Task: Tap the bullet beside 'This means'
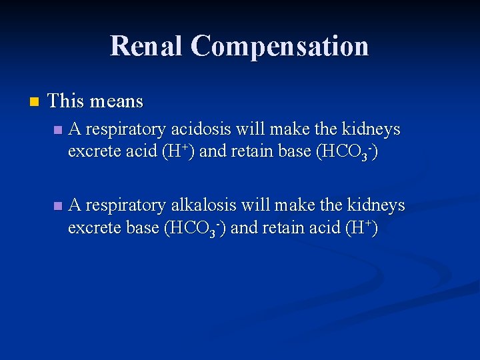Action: pyautogui.click(x=34, y=102)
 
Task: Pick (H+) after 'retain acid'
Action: pyautogui.click(x=361, y=228)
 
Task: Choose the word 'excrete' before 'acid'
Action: pyautogui.click(x=91, y=151)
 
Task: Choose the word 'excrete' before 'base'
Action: pyautogui.click(x=91, y=228)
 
